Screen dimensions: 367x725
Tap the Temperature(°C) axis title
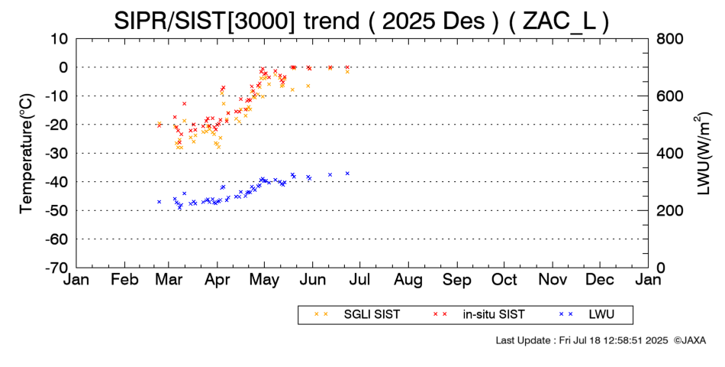tap(25, 153)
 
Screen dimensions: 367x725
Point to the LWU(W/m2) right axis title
tap(701, 153)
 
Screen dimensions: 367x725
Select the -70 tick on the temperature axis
tap(57, 268)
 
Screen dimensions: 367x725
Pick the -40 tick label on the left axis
tap(57, 181)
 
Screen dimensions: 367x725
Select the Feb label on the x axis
tap(124, 281)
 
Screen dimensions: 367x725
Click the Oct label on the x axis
tap(504, 281)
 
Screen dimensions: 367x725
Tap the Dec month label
tap(600, 281)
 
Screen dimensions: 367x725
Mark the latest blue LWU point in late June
tap(347, 174)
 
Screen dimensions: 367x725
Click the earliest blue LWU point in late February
tap(159, 202)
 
